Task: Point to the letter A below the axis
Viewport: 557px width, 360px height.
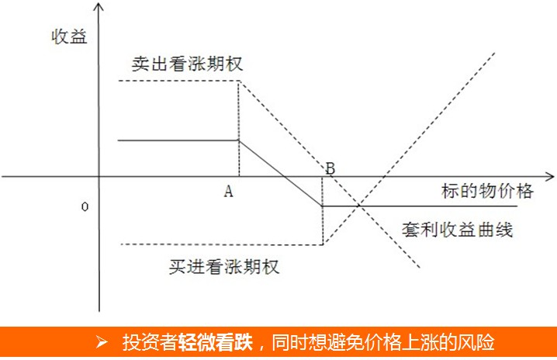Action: (229, 192)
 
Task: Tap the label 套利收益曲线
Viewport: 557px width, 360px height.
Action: (458, 230)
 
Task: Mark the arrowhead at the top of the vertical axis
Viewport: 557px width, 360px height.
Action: (100, 8)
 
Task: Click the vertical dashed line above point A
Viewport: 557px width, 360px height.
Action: (239, 116)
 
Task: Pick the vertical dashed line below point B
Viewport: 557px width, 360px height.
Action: (322, 225)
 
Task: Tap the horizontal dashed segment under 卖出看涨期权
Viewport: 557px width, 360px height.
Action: (178, 81)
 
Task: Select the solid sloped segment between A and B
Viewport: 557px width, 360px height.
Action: (280, 173)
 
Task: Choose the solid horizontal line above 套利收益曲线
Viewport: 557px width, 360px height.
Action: (419, 206)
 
